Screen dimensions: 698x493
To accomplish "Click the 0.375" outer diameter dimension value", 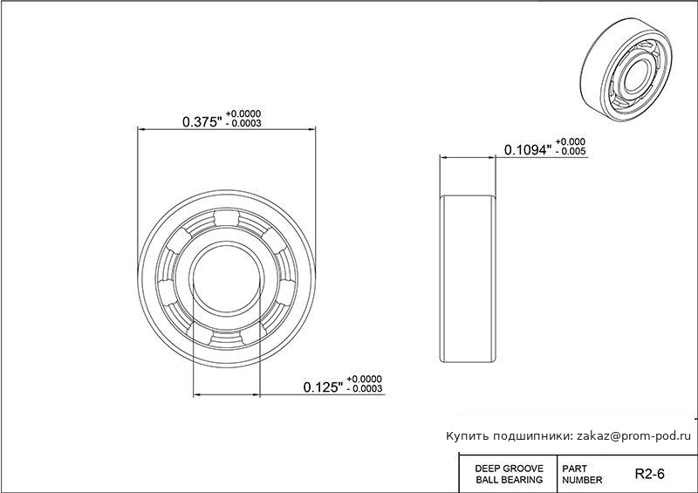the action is click(202, 121).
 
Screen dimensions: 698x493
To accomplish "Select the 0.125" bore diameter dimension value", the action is click(323, 387).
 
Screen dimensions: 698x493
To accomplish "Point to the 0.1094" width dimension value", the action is click(528, 149).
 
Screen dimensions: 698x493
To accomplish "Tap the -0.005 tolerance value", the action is click(571, 152).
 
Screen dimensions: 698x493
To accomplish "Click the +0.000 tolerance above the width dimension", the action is click(571, 142).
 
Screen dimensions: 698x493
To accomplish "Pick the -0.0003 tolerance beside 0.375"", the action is click(243, 123).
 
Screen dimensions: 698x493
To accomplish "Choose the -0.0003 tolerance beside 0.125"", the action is click(365, 388).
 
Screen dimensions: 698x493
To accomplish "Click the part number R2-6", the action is click(649, 474).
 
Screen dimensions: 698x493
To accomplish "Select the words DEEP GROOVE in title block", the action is click(510, 469).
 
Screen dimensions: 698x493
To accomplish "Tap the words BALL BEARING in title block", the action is click(510, 480).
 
